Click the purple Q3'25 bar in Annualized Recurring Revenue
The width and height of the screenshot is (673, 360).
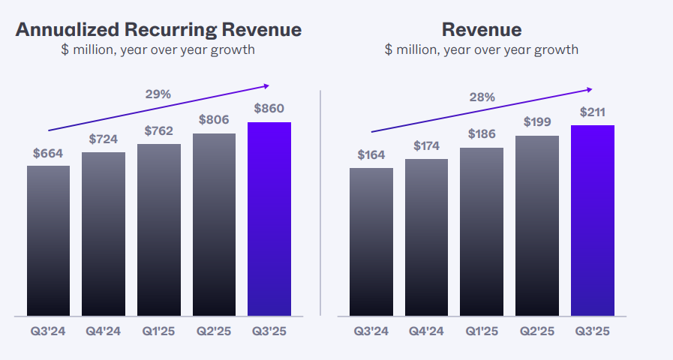click(x=269, y=219)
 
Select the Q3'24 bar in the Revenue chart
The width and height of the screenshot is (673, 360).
click(x=371, y=241)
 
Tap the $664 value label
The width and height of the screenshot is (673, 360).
click(x=48, y=154)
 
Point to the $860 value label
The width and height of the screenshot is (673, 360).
click(x=269, y=108)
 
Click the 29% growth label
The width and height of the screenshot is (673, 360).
click(x=158, y=94)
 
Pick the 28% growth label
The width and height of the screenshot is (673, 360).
click(x=482, y=97)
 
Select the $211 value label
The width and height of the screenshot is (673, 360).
click(x=593, y=112)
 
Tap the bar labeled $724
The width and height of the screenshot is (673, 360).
click(x=104, y=234)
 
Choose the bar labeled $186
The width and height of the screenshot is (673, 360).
click(x=482, y=232)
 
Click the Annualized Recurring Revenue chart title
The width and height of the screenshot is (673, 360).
click(x=158, y=30)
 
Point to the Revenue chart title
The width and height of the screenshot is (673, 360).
click(x=482, y=30)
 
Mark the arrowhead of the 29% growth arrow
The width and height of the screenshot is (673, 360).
click(x=265, y=86)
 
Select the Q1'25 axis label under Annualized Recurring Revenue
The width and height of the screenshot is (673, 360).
click(x=158, y=331)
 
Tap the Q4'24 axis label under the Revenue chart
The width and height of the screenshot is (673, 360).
click(x=426, y=331)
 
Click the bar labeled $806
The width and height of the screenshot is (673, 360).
click(x=214, y=224)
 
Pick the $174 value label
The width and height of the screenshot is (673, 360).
click(x=426, y=146)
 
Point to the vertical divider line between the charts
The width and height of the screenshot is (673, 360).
click(x=320, y=202)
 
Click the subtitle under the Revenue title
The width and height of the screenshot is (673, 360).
click(x=482, y=50)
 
